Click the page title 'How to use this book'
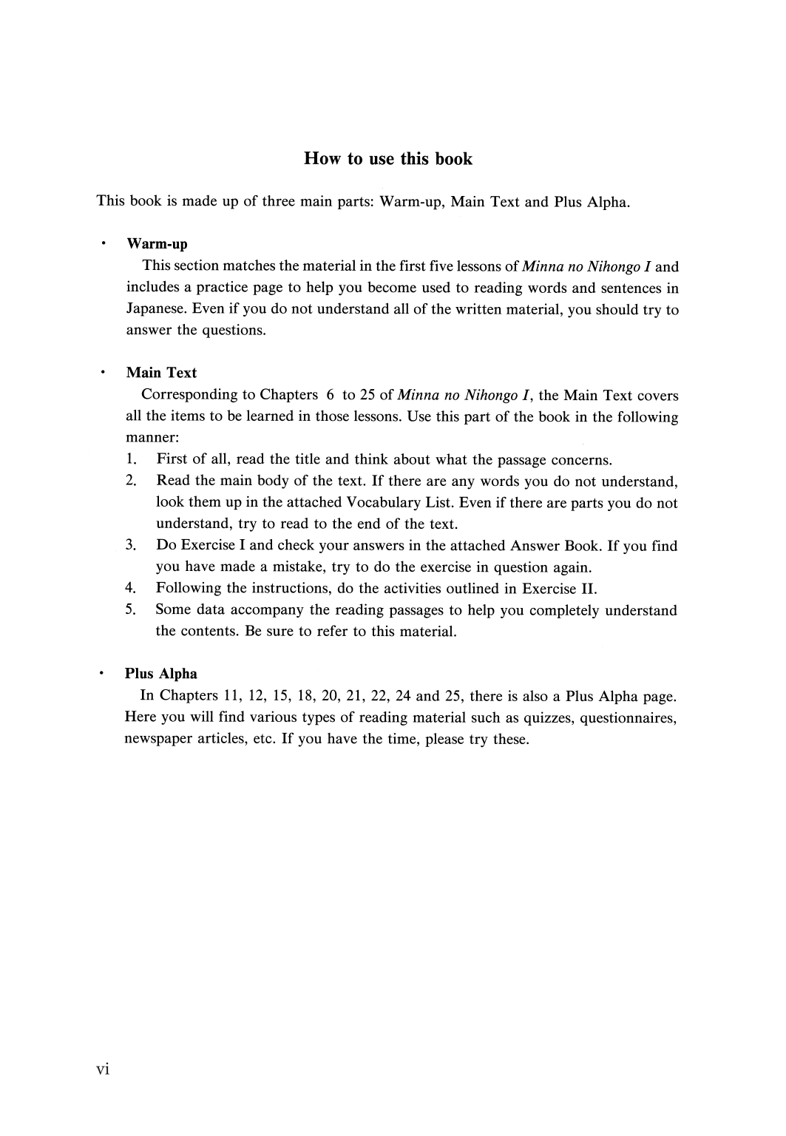click(x=387, y=159)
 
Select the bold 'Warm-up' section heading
click(x=157, y=244)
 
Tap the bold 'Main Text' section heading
click(x=161, y=373)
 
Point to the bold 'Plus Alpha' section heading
click(x=160, y=674)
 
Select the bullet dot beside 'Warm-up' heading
click(x=104, y=243)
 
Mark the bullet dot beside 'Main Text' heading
click(x=104, y=372)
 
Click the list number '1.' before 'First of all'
click(x=132, y=460)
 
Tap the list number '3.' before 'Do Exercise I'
click(x=131, y=546)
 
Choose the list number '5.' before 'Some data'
click(x=131, y=610)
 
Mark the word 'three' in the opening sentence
click(x=279, y=201)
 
